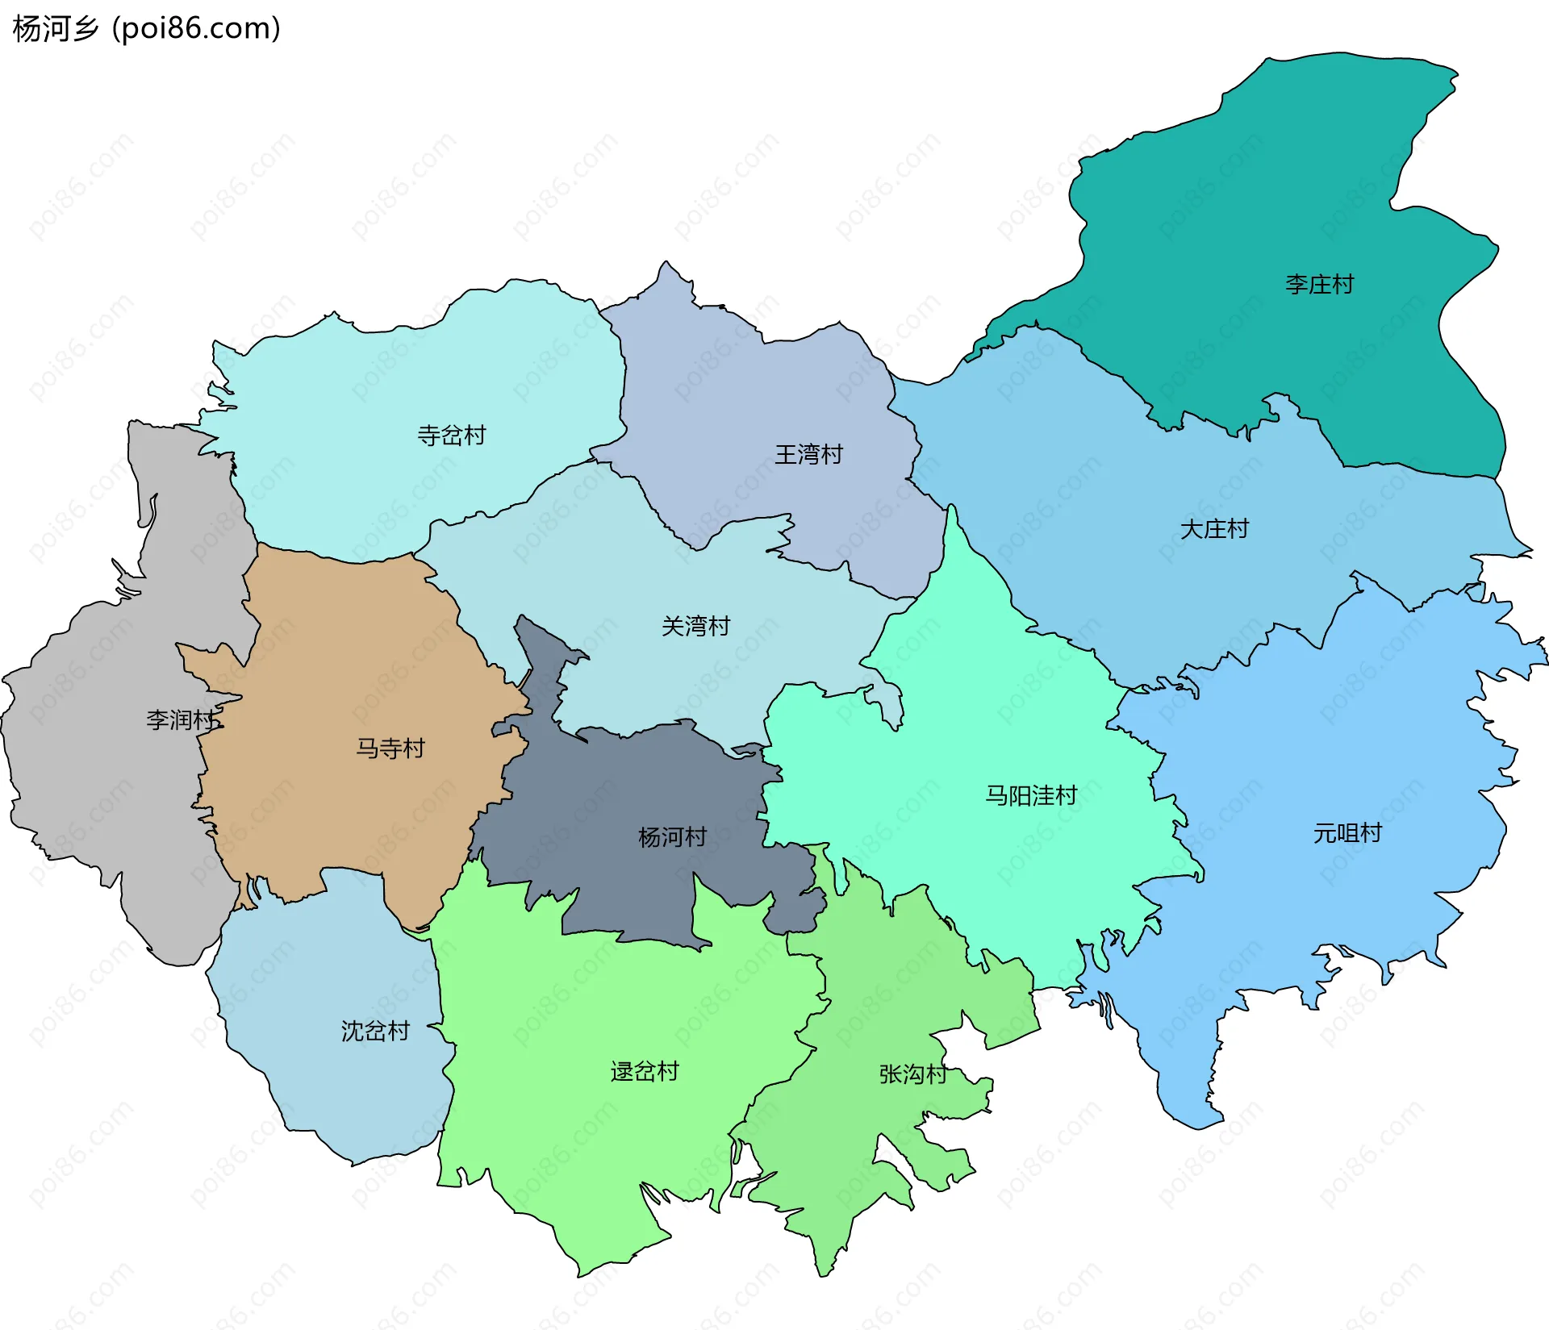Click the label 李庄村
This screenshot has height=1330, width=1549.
(x=1319, y=285)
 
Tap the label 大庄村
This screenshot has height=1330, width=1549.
(x=1214, y=529)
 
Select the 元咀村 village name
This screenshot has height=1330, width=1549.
(x=1347, y=832)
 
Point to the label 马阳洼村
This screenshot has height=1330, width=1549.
(x=1031, y=796)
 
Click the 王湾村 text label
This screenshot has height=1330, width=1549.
(x=808, y=454)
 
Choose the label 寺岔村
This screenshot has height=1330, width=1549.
(x=451, y=436)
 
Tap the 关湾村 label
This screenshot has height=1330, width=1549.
(x=695, y=626)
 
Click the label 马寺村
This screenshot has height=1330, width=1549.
(x=390, y=748)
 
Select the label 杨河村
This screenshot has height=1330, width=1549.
(x=672, y=837)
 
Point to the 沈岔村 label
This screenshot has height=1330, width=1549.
(x=375, y=1031)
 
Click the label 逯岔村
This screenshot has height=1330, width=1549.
(x=645, y=1072)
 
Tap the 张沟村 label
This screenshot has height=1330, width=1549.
(x=912, y=1074)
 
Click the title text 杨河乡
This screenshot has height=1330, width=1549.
(x=55, y=28)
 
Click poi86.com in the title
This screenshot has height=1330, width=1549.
(x=197, y=28)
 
